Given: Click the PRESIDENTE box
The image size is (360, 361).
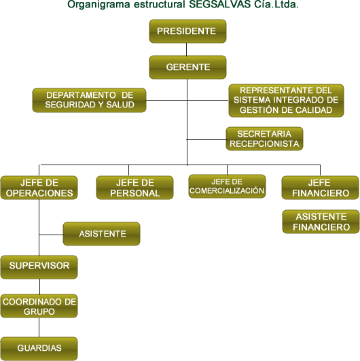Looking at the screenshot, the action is pyautogui.click(x=187, y=31).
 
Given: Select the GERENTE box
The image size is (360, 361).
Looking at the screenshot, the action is pyautogui.click(x=187, y=67).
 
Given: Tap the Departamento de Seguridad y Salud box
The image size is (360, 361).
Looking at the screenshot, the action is pyautogui.click(x=89, y=100).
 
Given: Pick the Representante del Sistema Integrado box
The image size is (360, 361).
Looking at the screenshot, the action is pyautogui.click(x=286, y=101).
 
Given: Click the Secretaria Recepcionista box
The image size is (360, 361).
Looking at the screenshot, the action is pyautogui.click(x=264, y=139).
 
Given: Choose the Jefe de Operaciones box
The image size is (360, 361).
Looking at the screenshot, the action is pyautogui.click(x=39, y=188).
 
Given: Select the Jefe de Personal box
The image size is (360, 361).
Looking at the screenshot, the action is pyautogui.click(x=134, y=188).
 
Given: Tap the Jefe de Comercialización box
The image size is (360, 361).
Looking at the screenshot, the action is pyautogui.click(x=227, y=186).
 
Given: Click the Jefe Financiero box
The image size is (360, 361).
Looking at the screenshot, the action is pyautogui.click(x=320, y=188).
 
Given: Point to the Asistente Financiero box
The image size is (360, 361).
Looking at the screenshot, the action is pyautogui.click(x=321, y=222).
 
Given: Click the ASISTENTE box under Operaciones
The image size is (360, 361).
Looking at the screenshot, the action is pyautogui.click(x=101, y=234).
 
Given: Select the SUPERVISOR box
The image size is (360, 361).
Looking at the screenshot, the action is pyautogui.click(x=39, y=267).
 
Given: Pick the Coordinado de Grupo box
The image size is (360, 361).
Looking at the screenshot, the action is pyautogui.click(x=39, y=306).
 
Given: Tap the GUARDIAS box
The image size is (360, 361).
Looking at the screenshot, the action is pyautogui.click(x=39, y=349).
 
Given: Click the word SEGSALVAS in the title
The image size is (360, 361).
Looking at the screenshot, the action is pyautogui.click(x=220, y=4).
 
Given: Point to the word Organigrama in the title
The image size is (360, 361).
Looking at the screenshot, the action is pyautogui.click(x=98, y=5).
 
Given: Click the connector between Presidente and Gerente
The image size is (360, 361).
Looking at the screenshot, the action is pyautogui.click(x=186, y=49).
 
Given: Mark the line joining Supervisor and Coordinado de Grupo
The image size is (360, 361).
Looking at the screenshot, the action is pyautogui.click(x=39, y=286).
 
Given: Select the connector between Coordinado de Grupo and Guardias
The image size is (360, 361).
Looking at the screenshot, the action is pyautogui.click(x=39, y=327).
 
